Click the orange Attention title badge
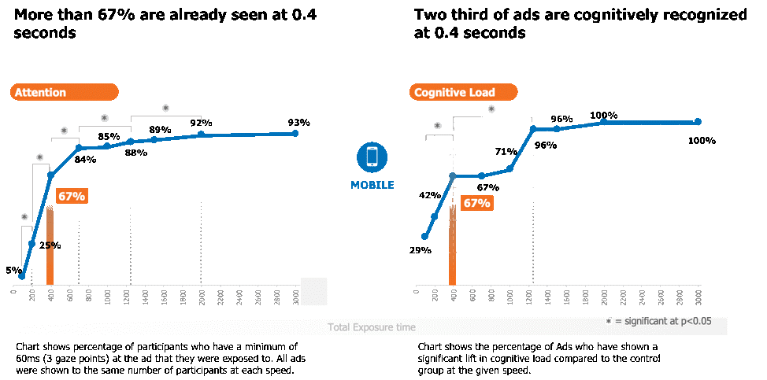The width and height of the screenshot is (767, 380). [64, 93]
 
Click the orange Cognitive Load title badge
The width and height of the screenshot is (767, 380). [463, 93]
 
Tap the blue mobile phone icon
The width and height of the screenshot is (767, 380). [372, 157]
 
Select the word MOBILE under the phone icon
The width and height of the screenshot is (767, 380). [372, 185]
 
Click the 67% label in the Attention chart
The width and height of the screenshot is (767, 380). [72, 196]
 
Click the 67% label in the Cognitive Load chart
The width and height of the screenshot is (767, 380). [476, 203]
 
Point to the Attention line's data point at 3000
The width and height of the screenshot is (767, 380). [295, 133]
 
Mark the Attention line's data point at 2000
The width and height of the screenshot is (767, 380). [201, 135]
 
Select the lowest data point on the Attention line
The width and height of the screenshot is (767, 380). [21, 276]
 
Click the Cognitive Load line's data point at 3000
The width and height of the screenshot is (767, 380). [698, 122]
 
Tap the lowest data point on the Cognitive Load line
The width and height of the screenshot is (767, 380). [424, 236]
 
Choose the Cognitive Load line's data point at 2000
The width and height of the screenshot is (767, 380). [603, 122]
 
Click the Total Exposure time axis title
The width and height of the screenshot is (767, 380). [372, 327]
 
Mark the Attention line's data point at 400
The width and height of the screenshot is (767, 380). [50, 174]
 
